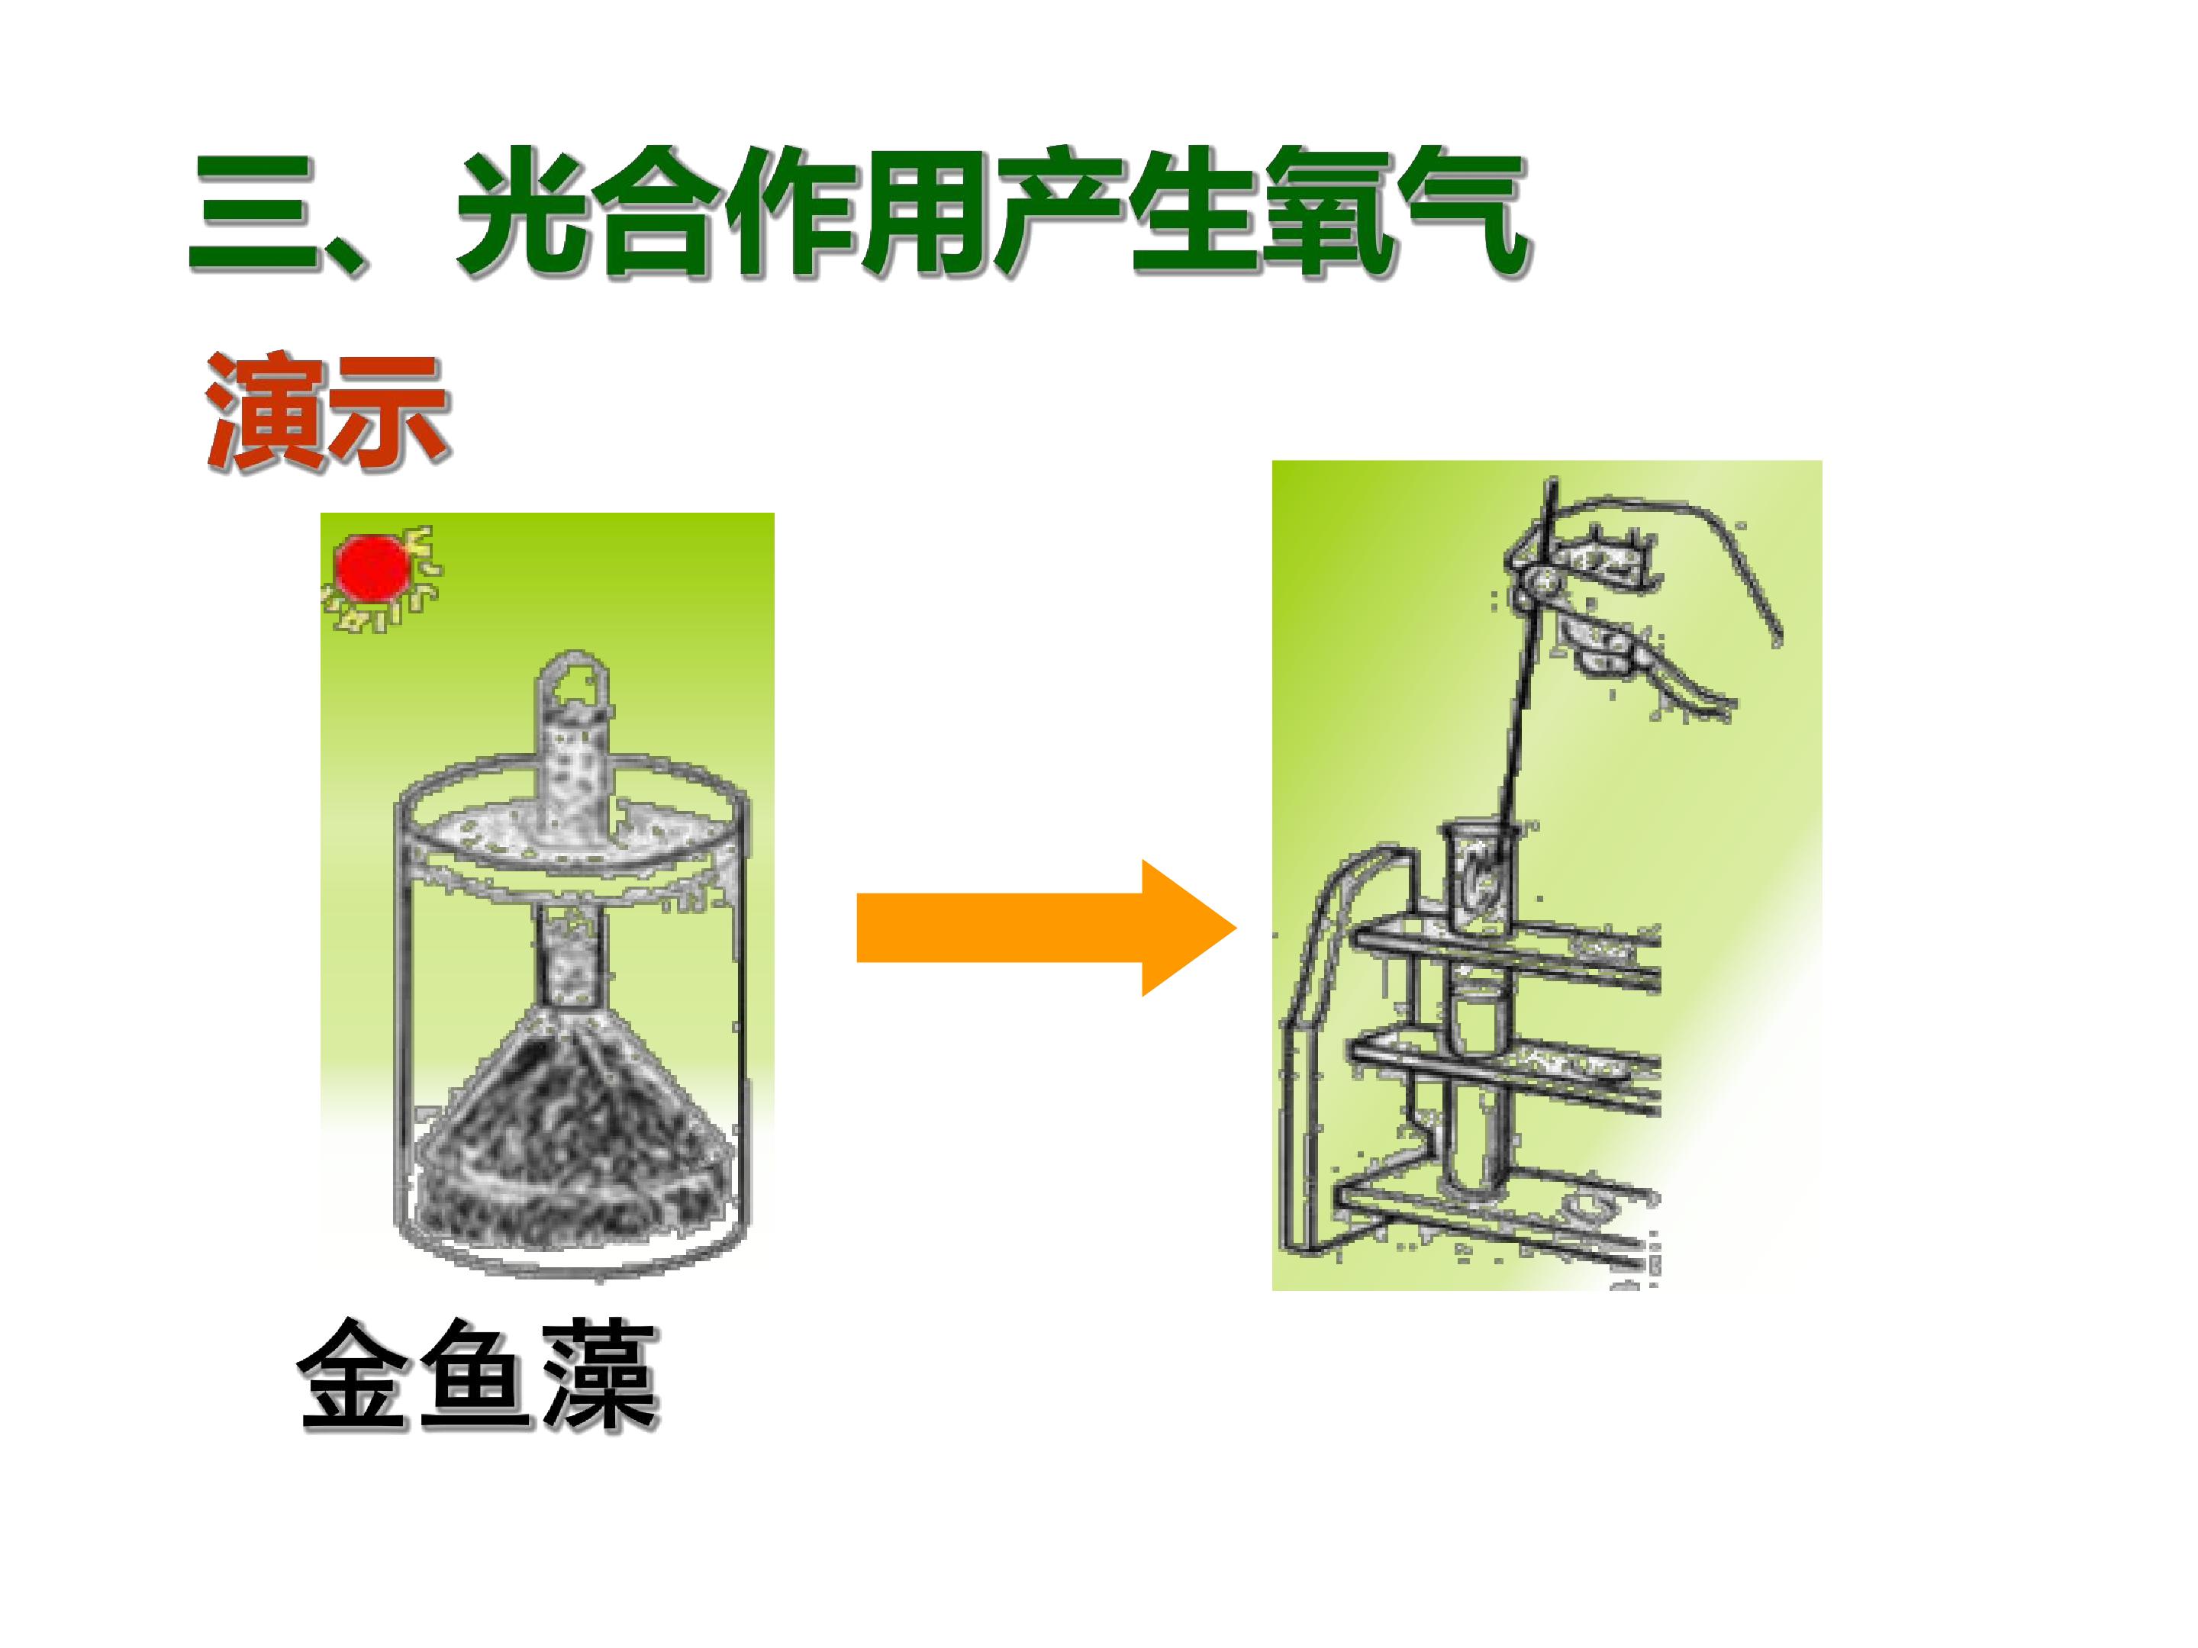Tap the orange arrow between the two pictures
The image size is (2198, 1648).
1046,928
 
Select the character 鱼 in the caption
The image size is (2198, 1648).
477,1375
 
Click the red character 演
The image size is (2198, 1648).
266,409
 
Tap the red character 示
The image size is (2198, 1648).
389,409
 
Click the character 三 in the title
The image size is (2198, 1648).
254,213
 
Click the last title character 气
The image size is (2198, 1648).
1463,213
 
